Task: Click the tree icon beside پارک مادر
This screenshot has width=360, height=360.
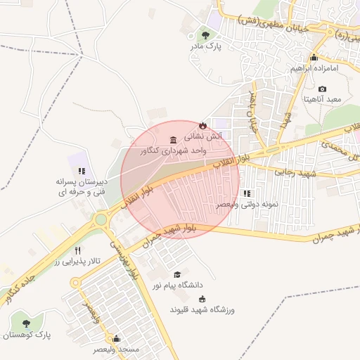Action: (x=205, y=34)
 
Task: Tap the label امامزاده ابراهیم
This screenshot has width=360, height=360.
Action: (x=314, y=68)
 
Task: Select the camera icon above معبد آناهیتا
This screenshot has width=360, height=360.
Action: (x=322, y=89)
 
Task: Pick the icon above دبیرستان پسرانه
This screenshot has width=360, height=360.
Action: (x=82, y=170)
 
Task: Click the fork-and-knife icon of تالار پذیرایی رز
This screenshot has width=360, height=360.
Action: (x=78, y=250)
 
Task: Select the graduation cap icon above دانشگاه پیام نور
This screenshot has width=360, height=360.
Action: (x=177, y=274)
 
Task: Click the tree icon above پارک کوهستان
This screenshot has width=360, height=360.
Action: (x=27, y=324)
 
